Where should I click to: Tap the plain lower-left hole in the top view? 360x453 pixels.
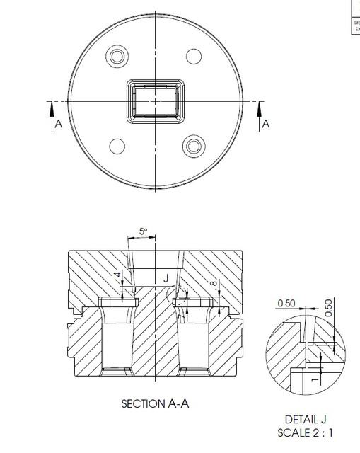pos(115,146)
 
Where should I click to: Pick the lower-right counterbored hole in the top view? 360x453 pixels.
pos(193,146)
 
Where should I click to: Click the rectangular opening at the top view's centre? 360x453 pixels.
pos(154,101)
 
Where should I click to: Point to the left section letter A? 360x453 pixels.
pos(58,124)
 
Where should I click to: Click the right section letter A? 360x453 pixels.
pos(266,124)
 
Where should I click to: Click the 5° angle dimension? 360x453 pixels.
pos(144,231)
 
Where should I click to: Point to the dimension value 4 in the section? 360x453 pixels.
pos(117,276)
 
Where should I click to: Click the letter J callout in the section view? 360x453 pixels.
pos(166,278)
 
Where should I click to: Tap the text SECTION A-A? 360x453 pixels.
pos(155,404)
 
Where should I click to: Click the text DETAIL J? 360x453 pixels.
pos(306,420)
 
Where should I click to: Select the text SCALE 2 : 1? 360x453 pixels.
pos(306,432)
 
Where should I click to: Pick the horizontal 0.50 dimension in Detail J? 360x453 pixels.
pos(286,303)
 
